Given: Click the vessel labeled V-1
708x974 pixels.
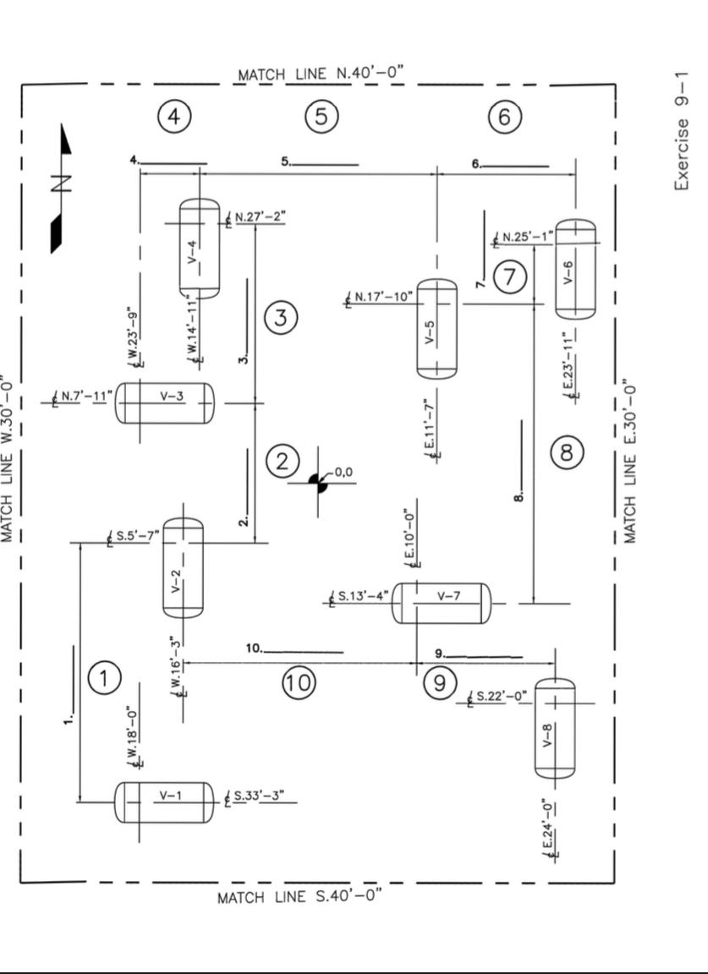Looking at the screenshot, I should click(x=164, y=802).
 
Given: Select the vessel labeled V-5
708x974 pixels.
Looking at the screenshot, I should click(x=436, y=330).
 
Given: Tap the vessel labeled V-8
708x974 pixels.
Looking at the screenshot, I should click(x=555, y=728).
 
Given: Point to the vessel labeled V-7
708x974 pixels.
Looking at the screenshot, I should click(x=441, y=603).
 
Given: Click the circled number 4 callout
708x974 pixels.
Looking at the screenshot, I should click(x=173, y=117).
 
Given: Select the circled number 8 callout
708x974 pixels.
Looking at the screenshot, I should click(x=567, y=453).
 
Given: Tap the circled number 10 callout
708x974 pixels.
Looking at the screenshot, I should click(x=298, y=681).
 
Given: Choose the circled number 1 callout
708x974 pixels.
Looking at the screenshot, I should click(x=104, y=678).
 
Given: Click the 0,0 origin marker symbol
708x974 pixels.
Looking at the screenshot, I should click(x=318, y=483).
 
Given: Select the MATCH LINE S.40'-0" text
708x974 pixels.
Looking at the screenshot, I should click(x=300, y=896).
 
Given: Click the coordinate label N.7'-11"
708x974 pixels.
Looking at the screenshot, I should click(x=83, y=396).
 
